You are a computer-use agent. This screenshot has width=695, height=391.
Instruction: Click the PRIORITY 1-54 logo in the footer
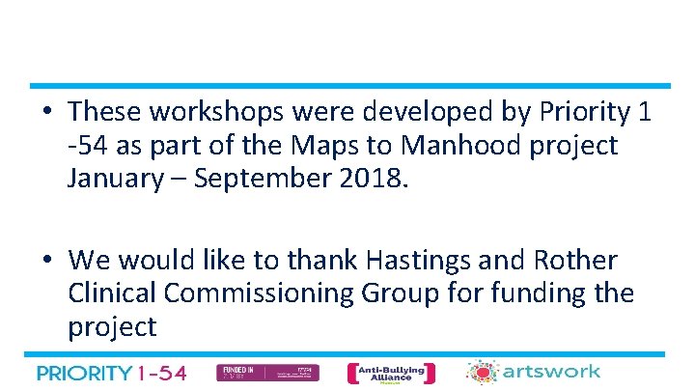click(x=112, y=373)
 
